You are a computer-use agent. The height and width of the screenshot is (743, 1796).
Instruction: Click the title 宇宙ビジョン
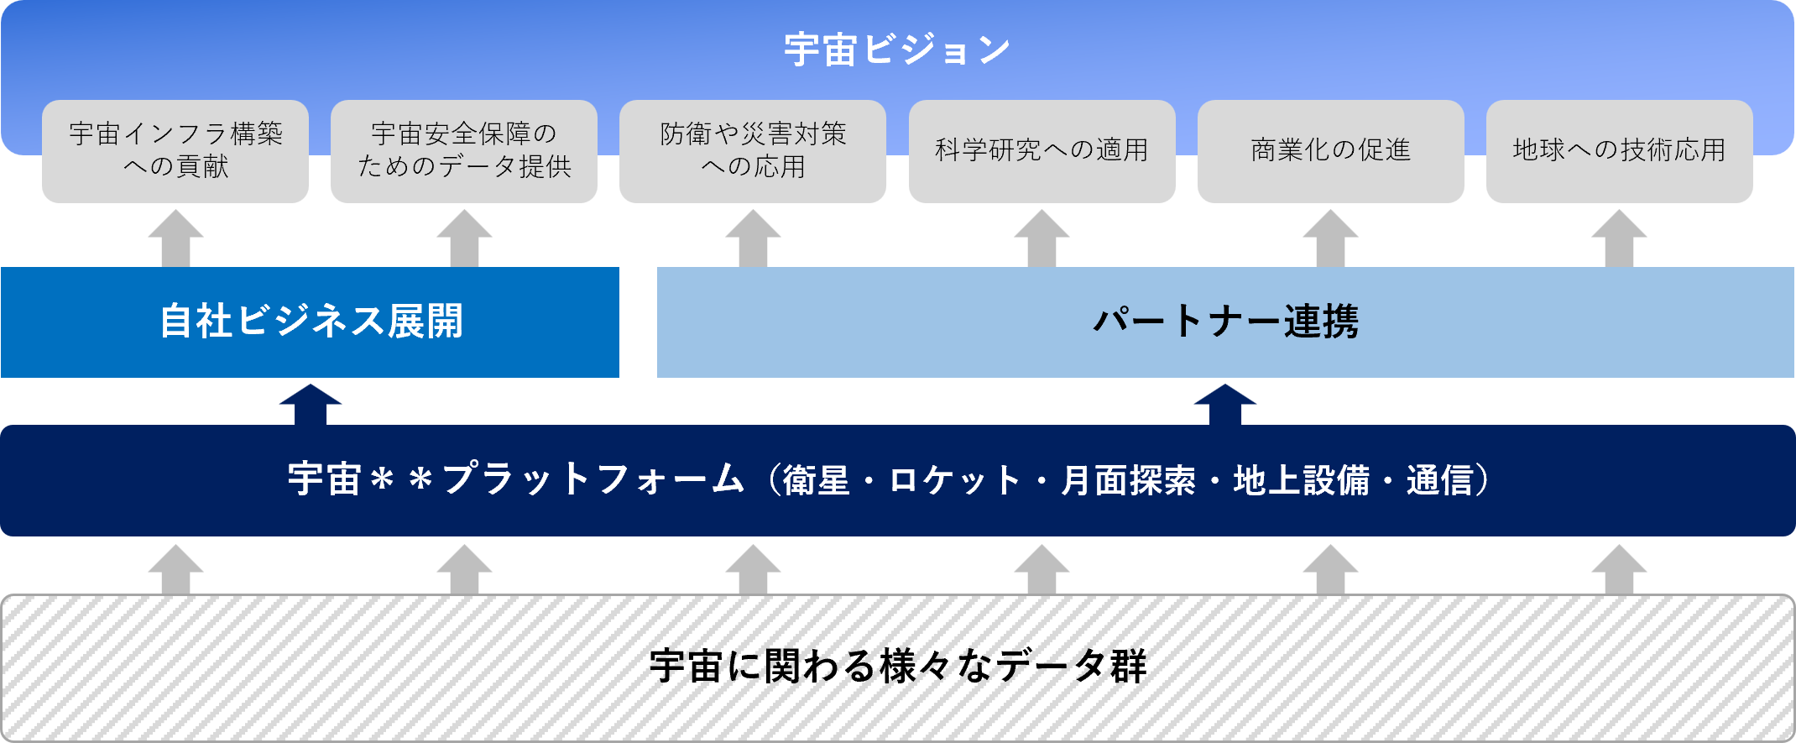click(x=897, y=50)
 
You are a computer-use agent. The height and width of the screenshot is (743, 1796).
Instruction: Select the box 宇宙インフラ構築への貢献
click(x=175, y=150)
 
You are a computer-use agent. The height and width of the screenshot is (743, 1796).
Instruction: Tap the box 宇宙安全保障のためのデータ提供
click(x=464, y=150)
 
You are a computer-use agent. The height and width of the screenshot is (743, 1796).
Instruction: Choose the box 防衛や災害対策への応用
click(x=753, y=150)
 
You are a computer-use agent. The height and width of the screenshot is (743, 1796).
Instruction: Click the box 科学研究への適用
click(x=1042, y=150)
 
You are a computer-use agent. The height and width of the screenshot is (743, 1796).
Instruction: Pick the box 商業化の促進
click(x=1330, y=150)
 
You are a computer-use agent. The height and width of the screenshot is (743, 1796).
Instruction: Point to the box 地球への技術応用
click(x=1619, y=150)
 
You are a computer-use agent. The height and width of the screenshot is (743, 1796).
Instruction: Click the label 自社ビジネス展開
click(x=311, y=322)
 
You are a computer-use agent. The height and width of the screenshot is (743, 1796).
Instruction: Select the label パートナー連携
click(x=1225, y=322)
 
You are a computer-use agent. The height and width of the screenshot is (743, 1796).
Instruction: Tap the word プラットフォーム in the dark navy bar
click(x=593, y=480)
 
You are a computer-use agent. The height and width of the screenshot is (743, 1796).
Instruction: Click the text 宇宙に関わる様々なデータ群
click(x=897, y=667)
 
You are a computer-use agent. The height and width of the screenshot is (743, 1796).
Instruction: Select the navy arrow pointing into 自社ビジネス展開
click(x=311, y=403)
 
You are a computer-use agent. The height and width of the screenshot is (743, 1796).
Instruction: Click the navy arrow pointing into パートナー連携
click(x=1225, y=403)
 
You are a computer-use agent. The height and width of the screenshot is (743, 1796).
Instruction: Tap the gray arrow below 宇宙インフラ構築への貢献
click(x=175, y=239)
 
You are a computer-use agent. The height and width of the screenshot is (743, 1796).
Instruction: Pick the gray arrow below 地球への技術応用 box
click(x=1619, y=239)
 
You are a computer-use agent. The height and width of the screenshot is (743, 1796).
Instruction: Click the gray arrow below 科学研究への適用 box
click(x=1042, y=239)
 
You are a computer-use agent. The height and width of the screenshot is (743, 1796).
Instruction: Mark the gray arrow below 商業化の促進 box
click(x=1330, y=239)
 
